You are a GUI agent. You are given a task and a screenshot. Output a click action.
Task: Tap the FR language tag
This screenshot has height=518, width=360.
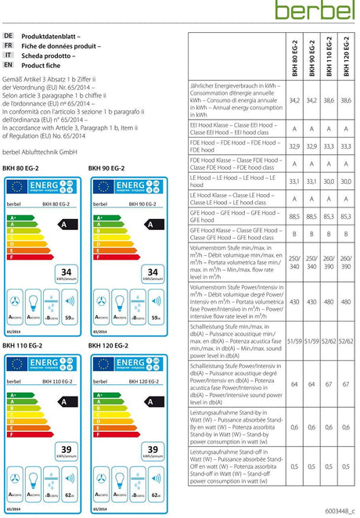(9, 46)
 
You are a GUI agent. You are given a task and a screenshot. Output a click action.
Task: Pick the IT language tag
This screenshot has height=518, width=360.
(9, 56)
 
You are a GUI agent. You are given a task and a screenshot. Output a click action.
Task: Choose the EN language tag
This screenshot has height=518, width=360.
(9, 65)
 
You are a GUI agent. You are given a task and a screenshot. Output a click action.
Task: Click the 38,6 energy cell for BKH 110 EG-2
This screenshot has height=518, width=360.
(329, 101)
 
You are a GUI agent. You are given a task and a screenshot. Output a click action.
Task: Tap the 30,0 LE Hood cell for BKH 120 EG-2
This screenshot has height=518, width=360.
(346, 182)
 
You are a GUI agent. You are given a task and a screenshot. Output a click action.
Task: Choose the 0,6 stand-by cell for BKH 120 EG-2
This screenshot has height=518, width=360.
(346, 426)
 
